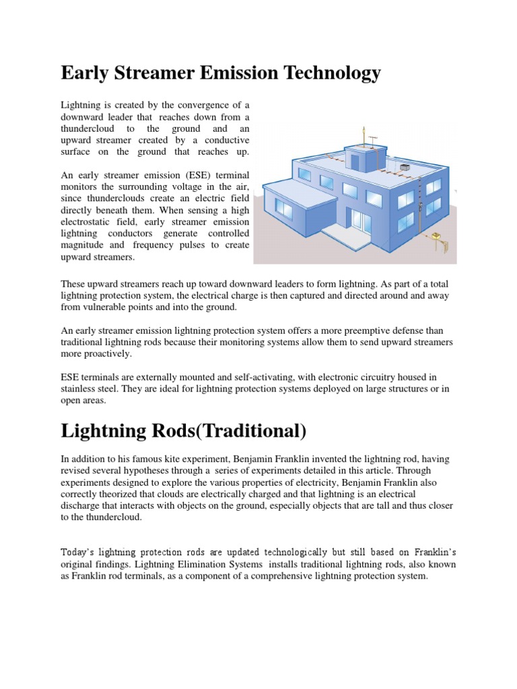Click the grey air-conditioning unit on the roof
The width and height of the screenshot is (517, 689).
[x=405, y=167]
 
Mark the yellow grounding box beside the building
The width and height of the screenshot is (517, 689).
[x=437, y=235]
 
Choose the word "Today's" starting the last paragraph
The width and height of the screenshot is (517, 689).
[x=79, y=551]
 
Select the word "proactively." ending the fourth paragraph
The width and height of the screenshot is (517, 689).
[x=108, y=354]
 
